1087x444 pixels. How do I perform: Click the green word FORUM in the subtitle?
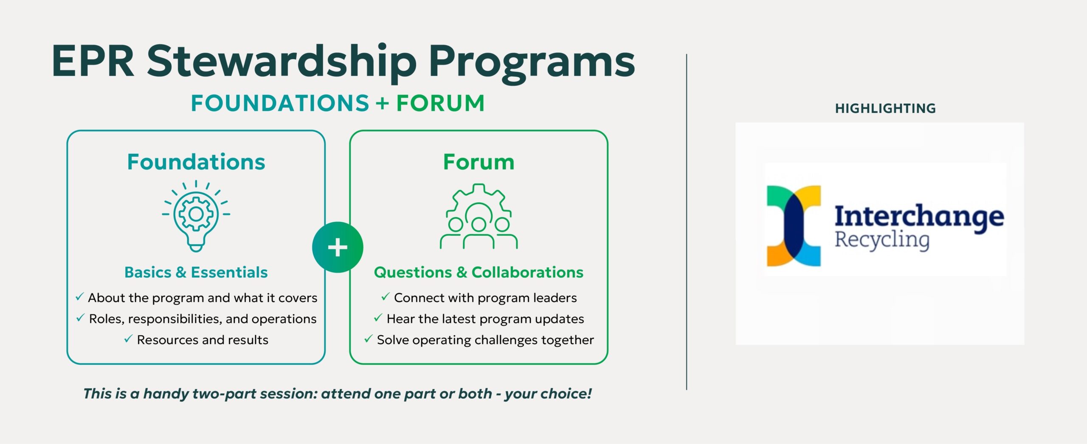[x=440, y=103]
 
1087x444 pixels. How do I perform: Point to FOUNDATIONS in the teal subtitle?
[x=280, y=103]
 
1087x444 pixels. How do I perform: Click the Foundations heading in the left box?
[x=196, y=162]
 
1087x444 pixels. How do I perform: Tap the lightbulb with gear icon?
[x=196, y=216]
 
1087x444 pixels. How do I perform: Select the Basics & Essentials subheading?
[x=196, y=272]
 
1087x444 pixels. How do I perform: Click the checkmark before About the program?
[x=79, y=297]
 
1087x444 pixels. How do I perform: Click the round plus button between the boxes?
[x=338, y=247]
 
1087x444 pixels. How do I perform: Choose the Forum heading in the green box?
[x=479, y=162]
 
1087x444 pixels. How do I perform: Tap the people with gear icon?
[x=479, y=216]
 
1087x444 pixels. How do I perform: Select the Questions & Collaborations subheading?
[x=479, y=272]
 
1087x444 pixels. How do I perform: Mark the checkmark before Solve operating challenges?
[x=368, y=339]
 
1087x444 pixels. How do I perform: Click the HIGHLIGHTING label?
[x=885, y=108]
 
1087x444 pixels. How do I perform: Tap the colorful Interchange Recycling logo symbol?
[x=794, y=226]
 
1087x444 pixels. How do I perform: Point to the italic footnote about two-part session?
[x=338, y=393]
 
